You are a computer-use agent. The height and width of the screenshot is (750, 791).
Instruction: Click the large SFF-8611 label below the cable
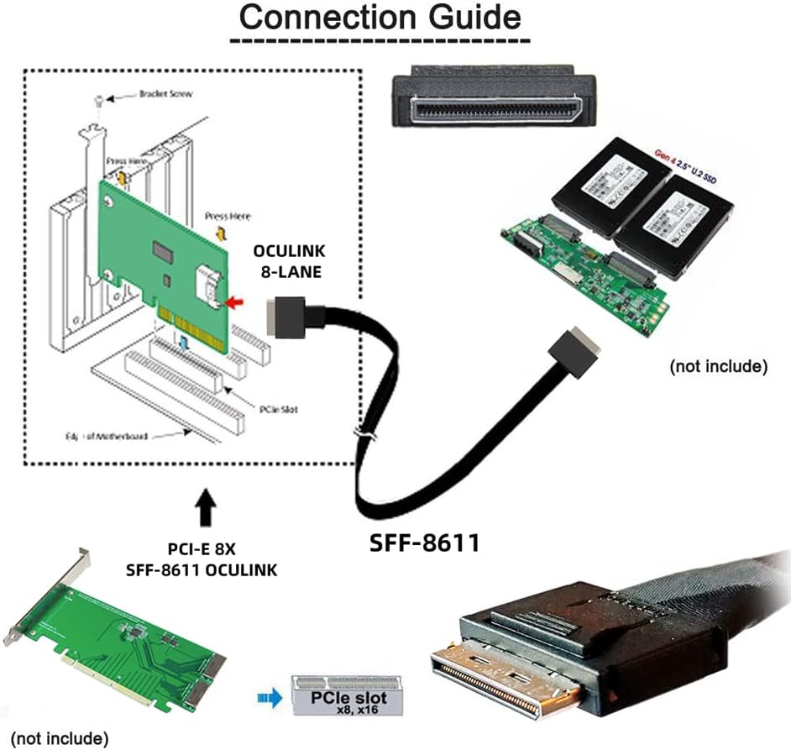(425, 543)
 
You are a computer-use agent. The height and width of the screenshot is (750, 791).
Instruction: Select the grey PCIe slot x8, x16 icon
(345, 695)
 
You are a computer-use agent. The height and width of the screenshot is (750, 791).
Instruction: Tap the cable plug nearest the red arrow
(285, 317)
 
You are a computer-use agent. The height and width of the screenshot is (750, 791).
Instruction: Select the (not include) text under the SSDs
(718, 366)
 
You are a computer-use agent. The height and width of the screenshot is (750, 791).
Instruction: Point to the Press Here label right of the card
(228, 216)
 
